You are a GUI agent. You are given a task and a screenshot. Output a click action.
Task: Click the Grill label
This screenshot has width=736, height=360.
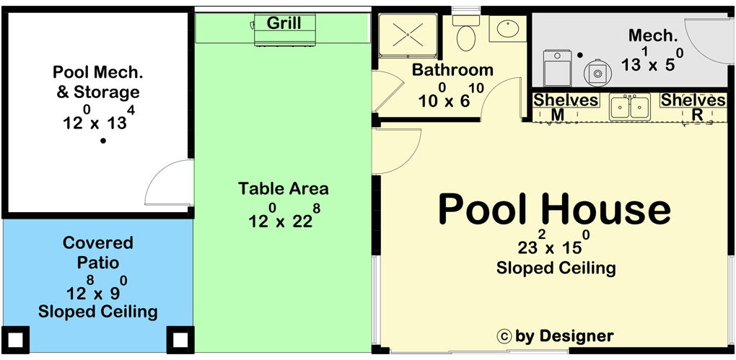coord(284,22)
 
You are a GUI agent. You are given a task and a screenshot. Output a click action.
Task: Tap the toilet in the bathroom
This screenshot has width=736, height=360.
coord(466,33)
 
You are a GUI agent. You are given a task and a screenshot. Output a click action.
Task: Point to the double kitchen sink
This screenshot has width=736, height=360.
coord(629,107)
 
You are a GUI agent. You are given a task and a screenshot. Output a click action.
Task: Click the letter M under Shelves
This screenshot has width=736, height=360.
coord(557,115)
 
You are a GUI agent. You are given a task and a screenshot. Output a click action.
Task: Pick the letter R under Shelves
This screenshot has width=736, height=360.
coord(698,115)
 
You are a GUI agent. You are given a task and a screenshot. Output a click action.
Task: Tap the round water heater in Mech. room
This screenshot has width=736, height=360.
coord(597,73)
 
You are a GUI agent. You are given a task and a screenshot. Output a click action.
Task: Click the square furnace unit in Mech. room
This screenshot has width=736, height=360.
coord(557,68)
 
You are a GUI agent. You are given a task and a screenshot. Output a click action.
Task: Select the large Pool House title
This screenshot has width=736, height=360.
coord(554,210)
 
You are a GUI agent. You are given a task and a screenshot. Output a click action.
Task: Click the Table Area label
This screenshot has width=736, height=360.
coord(283,189)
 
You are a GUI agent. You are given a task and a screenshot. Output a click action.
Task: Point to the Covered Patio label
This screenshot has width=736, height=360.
coord(98,252)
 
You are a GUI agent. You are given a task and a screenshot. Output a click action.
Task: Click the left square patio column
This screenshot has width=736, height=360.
coord(16,339)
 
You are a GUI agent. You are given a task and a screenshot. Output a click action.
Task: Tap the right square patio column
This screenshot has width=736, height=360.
coord(180,339)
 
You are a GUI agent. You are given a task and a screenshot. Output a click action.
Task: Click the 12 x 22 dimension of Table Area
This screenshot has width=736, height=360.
coord(281,217)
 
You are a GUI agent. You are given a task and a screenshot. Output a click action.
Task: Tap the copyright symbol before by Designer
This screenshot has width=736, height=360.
coord(504,336)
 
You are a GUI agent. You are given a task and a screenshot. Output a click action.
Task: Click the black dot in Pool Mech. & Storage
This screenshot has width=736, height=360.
coord(102,141)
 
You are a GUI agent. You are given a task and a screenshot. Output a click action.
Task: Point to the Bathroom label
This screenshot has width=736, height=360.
coord(452,70)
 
